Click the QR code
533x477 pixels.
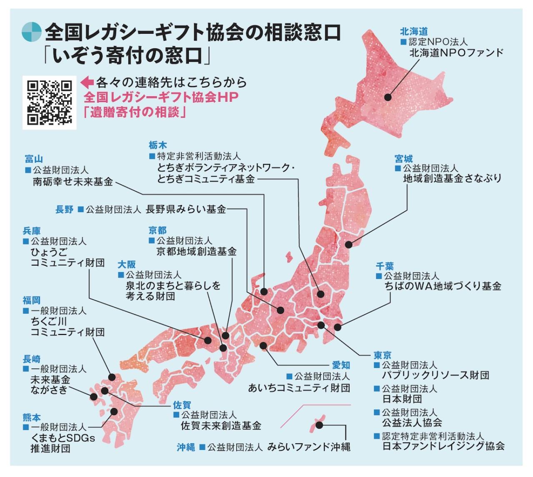coord(49,103)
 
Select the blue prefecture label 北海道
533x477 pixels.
coord(413,31)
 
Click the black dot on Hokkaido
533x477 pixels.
coord(388,97)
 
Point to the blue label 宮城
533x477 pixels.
coord(403,158)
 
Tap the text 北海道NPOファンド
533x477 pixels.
coord(456,53)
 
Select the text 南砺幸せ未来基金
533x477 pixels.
coord(73,182)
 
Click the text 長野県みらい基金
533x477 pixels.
coord(185,209)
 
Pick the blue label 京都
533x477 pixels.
coord(158,230)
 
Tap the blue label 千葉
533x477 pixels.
coord(384,266)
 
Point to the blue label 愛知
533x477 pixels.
coord(340,365)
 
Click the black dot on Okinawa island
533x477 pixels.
coord(319,425)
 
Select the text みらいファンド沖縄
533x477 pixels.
coord(308,447)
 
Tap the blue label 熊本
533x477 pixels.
coord(32,417)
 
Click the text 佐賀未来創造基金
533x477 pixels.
coord(221,426)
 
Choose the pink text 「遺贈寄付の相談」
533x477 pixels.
coord(134,113)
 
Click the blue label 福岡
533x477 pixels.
coord(32,300)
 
